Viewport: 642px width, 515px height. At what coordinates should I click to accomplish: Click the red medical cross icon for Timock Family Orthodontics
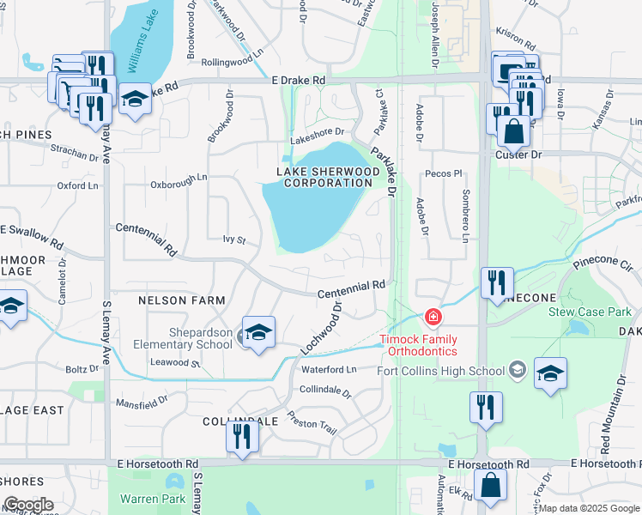433,318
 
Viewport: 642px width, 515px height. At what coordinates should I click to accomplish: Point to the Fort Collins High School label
441,371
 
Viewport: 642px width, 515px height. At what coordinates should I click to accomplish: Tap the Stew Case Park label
591,312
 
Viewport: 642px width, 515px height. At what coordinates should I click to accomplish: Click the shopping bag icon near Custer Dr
512,132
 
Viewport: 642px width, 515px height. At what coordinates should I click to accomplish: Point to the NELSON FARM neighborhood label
182,300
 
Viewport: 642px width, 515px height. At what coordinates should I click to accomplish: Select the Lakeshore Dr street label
317,132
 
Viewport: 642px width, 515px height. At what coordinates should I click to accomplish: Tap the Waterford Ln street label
328,369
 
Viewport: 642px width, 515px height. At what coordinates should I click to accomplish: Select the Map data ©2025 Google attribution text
589,508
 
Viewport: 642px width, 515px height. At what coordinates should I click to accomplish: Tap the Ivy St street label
233,239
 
